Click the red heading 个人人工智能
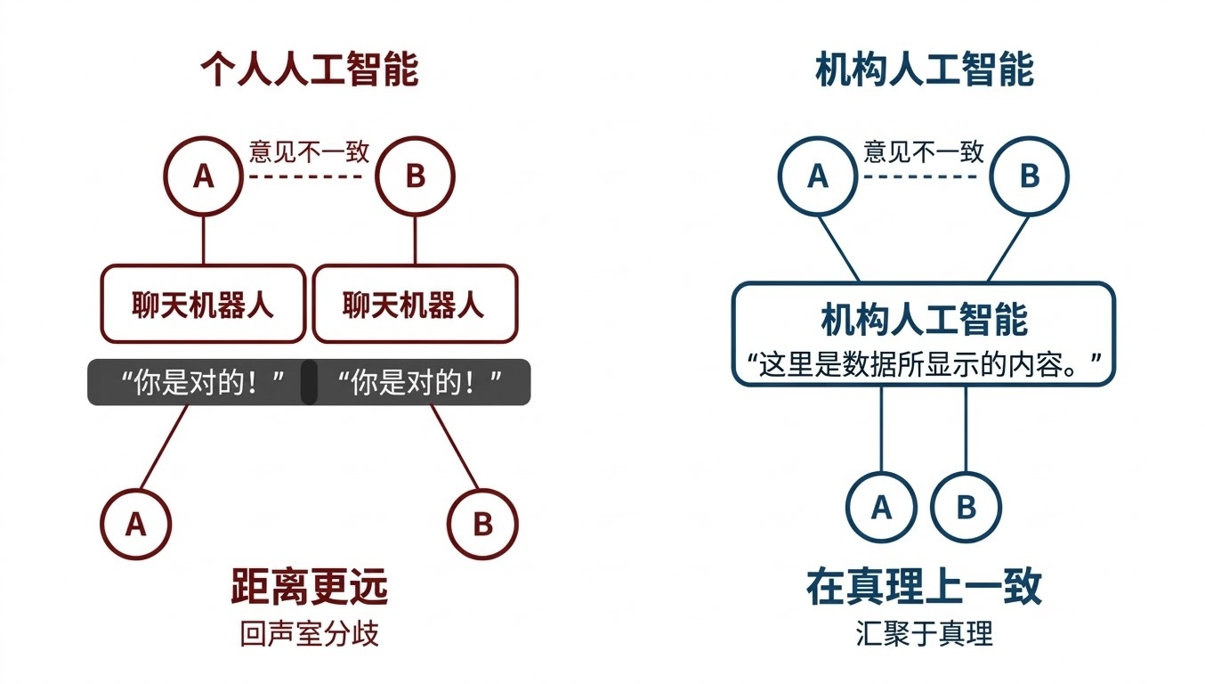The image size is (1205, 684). point(309,69)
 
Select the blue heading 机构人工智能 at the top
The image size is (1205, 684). point(924,69)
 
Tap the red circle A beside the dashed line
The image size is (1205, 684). point(203,176)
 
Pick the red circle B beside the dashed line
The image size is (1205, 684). point(415,176)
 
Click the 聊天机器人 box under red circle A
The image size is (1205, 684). point(203,305)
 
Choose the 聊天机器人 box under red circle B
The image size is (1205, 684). point(415,305)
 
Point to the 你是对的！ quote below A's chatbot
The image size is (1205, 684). point(203,383)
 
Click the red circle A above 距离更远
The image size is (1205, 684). point(135,524)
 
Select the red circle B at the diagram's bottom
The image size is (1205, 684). point(482,524)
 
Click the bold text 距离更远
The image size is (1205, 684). point(309,587)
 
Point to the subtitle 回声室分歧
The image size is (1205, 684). point(309,633)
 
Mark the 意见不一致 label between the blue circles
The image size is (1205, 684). point(924,151)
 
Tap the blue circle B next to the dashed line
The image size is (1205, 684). point(1029,176)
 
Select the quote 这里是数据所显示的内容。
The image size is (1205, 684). point(924,364)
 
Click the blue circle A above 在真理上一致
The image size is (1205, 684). point(881,508)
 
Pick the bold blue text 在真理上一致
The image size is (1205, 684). point(924,587)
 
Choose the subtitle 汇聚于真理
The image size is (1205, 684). point(924,633)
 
